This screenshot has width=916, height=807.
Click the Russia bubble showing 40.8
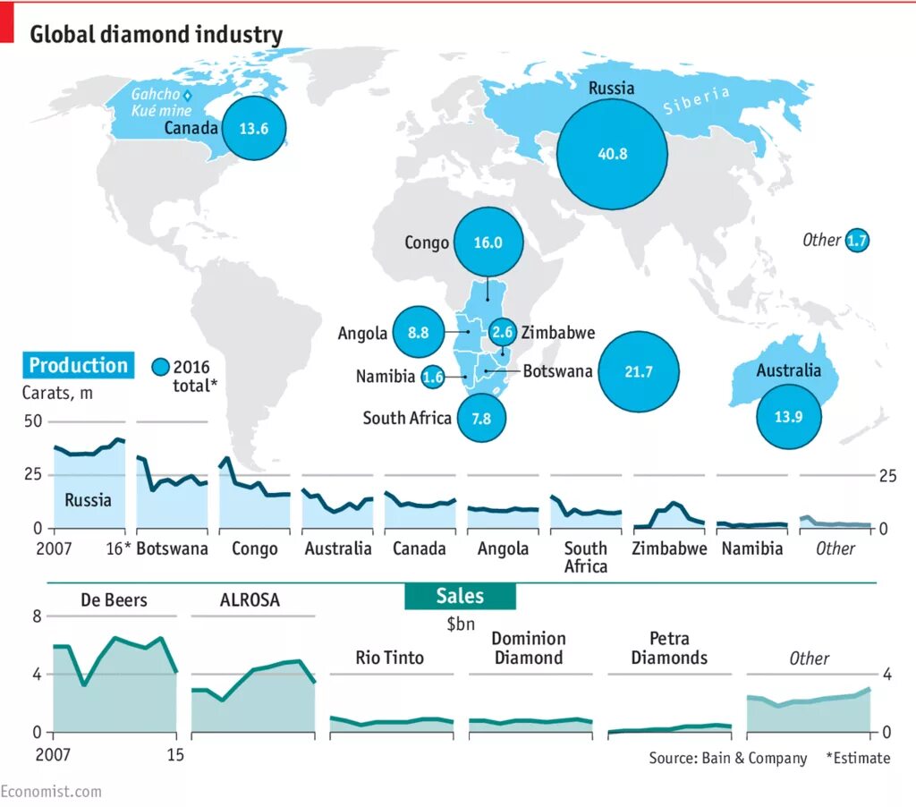(613, 153)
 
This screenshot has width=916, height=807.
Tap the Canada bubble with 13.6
(254, 128)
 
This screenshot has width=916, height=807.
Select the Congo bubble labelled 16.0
(488, 242)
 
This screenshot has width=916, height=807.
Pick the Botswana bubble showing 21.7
(639, 371)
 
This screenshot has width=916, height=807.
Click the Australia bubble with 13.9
(789, 415)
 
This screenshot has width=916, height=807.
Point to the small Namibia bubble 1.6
(433, 377)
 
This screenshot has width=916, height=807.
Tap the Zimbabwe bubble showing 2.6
(503, 332)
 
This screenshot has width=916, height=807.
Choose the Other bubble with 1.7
(857, 240)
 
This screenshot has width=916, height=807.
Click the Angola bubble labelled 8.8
(419, 332)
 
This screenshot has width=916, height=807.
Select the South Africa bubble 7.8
(481, 418)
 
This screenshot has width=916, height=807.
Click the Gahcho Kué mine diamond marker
(188, 95)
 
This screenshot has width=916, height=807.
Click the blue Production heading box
(78, 365)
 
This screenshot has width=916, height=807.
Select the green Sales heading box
(460, 596)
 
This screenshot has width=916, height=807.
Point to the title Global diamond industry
(157, 35)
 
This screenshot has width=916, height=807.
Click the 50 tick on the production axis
(32, 420)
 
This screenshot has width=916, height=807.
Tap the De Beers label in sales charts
(114, 599)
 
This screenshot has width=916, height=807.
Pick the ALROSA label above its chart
(250, 599)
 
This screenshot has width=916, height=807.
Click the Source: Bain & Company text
(728, 758)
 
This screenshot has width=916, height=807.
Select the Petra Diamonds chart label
(669, 648)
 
